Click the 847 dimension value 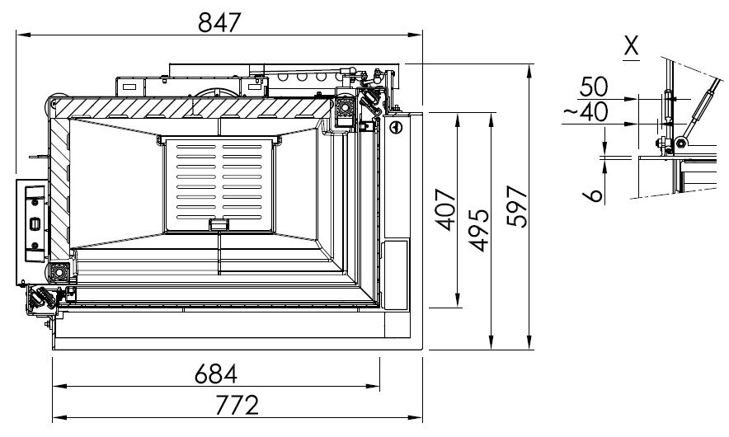click(x=219, y=21)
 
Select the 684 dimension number click(x=216, y=374)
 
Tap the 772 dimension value click(x=238, y=405)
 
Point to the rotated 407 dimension click(x=447, y=209)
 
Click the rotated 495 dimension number click(x=479, y=230)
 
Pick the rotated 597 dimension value click(x=517, y=206)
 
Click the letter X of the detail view click(x=631, y=45)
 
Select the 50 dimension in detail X click(x=594, y=87)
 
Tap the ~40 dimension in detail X click(x=586, y=111)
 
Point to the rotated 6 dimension click(x=593, y=195)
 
